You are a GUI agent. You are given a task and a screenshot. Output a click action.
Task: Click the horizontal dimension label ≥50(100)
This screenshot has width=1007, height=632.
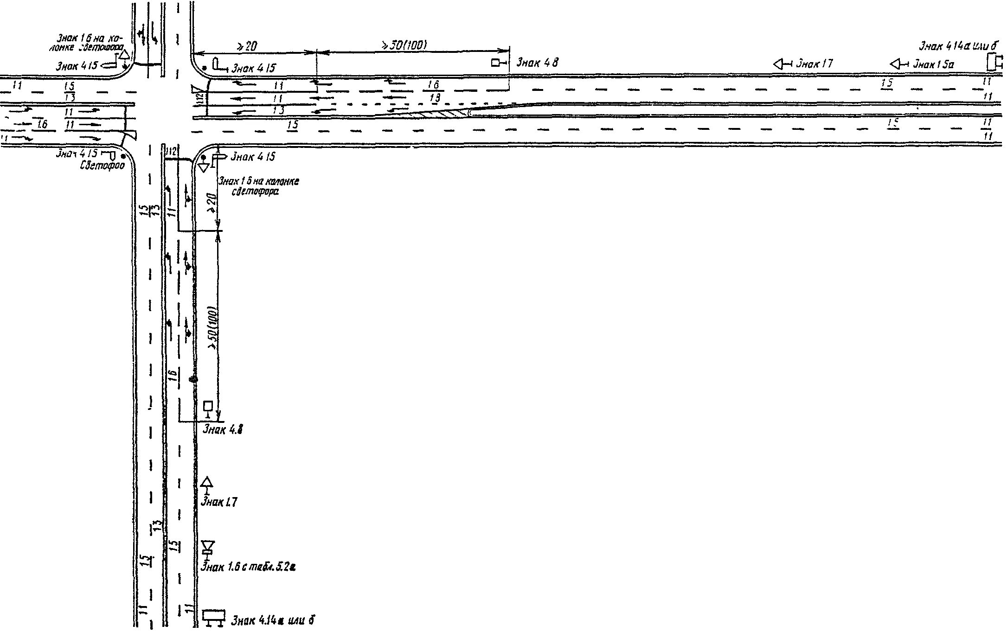[x=404, y=45]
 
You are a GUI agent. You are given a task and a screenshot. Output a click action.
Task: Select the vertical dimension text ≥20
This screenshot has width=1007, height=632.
[x=213, y=202]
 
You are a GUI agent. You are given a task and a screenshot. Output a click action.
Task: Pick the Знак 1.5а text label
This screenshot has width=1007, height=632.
[x=933, y=64]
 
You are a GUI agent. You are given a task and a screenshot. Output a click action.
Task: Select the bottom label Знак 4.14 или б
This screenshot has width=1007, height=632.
[x=273, y=620]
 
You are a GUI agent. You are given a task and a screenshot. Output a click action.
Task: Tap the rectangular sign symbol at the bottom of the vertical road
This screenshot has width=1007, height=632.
[x=214, y=616]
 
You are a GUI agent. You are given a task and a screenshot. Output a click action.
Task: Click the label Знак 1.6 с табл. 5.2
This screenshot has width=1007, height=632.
[x=248, y=567]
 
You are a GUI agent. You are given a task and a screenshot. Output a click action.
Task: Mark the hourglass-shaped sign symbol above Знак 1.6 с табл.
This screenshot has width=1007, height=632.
[x=207, y=547]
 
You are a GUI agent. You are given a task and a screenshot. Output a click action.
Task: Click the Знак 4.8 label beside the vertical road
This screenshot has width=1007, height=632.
[x=223, y=430]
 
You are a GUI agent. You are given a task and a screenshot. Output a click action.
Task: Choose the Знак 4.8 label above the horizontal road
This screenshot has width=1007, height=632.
[x=537, y=63]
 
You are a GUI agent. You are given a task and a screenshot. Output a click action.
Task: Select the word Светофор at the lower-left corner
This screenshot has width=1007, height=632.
[x=103, y=166]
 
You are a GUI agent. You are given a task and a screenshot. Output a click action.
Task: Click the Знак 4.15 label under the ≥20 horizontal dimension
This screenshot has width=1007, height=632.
[x=253, y=68]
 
